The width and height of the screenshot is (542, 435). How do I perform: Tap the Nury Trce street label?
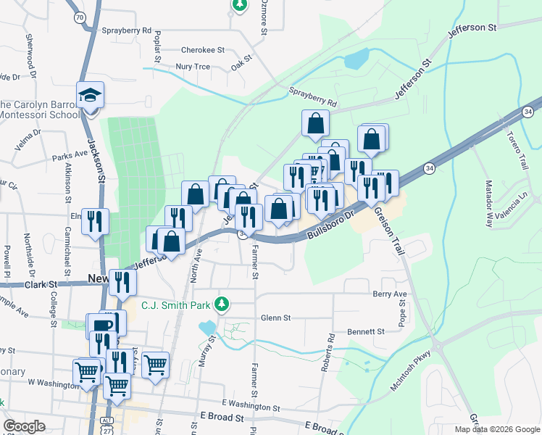(193, 67)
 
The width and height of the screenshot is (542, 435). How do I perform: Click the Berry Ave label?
(390, 294)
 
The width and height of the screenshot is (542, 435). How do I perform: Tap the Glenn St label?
(275, 318)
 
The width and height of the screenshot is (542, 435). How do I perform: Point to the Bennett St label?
(366, 331)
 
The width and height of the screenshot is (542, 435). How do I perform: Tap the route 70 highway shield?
(79, 15)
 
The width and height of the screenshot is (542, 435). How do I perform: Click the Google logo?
(25, 426)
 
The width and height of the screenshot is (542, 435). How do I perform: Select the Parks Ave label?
(70, 155)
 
